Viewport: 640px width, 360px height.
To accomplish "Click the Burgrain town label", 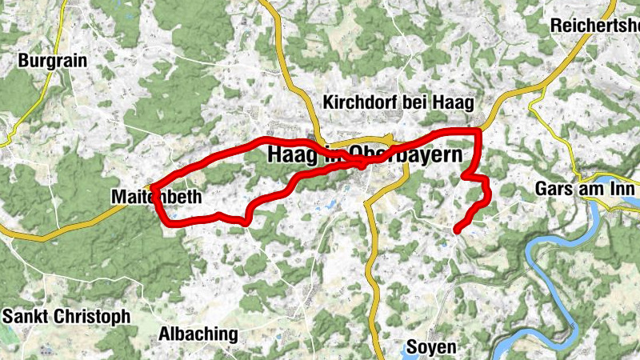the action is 53,60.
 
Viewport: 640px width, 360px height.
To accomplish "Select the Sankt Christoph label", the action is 66,317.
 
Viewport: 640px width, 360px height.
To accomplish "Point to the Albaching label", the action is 198,334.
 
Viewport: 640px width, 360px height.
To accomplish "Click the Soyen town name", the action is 431,347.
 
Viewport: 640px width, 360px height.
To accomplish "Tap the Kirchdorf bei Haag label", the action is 398,102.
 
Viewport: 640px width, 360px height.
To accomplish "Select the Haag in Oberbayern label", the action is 366,154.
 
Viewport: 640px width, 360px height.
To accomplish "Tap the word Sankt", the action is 25,317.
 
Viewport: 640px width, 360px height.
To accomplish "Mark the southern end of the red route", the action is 457,231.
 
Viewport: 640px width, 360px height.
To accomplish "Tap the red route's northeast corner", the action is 478,130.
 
